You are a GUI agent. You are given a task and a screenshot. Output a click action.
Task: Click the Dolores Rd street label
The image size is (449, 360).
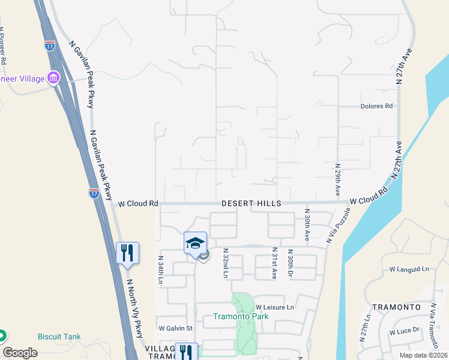point(376,106)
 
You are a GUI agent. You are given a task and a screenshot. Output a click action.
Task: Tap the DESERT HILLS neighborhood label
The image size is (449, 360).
point(251,204)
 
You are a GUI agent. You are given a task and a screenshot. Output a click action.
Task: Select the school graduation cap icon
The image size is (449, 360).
point(195,242)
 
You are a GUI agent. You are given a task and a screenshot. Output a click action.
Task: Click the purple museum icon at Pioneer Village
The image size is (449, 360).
point(53,78)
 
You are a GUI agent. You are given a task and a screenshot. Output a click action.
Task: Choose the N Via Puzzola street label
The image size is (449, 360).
point(338,226)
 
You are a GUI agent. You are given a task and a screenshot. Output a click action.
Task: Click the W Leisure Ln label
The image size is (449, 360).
point(275,307)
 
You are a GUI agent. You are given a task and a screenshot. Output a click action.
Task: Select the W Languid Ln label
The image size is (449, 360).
point(409,269)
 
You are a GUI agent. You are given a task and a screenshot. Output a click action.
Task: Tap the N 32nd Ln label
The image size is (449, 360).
point(226,263)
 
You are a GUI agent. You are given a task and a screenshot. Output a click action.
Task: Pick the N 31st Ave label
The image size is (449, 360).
point(274,263)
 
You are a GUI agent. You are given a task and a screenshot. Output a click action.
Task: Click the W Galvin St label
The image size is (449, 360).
point(175,328)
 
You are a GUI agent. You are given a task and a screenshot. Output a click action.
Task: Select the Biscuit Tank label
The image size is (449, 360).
point(59,337)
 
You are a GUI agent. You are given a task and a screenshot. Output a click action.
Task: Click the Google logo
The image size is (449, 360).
point(20,353)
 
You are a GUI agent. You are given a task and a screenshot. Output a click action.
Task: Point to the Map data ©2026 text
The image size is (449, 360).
point(423,355)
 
